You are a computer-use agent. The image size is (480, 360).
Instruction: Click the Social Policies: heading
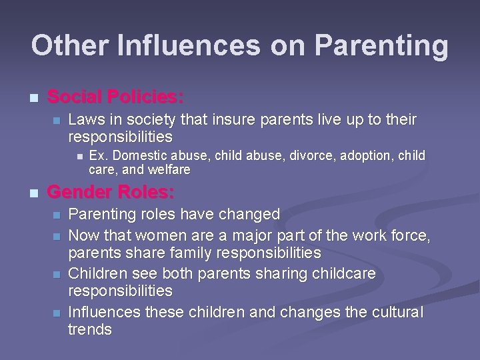pyautogui.click(x=115, y=97)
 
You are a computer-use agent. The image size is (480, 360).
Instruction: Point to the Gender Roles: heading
pyautogui.click(x=111, y=193)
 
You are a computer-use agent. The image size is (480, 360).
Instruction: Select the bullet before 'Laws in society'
pyautogui.click(x=56, y=121)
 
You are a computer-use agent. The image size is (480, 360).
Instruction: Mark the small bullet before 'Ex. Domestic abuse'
pyautogui.click(x=78, y=157)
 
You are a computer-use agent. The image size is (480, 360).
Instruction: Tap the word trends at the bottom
pyautogui.click(x=90, y=329)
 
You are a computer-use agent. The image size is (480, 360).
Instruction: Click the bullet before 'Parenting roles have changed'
pyautogui.click(x=56, y=215)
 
